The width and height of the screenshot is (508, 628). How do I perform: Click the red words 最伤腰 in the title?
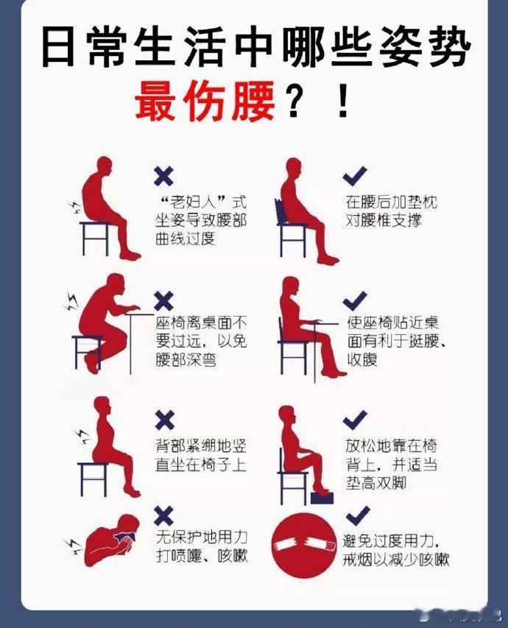[205, 101]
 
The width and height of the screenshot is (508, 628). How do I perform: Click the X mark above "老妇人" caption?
[164, 176]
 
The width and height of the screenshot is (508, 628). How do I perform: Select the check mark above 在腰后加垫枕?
[355, 176]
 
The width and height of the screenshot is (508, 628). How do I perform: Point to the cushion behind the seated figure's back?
[281, 211]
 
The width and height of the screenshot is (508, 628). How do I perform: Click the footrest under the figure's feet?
[322, 498]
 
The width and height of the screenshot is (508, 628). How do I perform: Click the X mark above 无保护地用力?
[164, 516]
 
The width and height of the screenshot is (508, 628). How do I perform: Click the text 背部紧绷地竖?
[201, 445]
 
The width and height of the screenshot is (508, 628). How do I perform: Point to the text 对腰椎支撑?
[384, 220]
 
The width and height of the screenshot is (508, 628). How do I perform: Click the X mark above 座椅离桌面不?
[164, 301]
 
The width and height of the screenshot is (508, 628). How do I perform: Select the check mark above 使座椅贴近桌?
[355, 301]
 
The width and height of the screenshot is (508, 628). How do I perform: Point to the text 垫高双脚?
[376, 484]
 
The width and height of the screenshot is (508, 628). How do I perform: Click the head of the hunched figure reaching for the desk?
[116, 285]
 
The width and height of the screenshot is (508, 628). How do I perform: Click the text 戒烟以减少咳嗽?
[396, 560]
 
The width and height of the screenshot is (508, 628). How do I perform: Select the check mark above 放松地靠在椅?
[355, 420]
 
